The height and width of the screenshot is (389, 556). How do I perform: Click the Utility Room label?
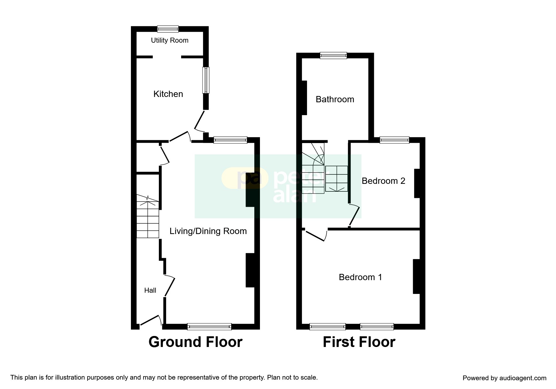(170, 40)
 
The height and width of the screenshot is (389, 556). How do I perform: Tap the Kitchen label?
(168, 94)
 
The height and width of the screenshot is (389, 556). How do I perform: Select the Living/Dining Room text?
(208, 231)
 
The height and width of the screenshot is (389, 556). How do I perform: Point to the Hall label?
(150, 290)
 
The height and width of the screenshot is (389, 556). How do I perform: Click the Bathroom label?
(335, 99)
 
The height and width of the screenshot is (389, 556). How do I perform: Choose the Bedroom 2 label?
(383, 181)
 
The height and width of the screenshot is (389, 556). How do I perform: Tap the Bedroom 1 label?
(360, 277)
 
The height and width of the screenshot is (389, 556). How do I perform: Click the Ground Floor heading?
(195, 342)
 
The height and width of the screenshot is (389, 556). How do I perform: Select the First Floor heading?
(359, 342)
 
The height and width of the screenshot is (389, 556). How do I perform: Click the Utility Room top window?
(168, 29)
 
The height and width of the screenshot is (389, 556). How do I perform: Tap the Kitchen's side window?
(206, 80)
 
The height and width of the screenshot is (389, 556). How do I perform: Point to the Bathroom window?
(333, 56)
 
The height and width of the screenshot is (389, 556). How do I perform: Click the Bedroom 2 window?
(394, 140)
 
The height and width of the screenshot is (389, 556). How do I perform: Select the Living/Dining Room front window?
(209, 327)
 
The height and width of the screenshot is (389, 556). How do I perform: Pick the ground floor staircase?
(148, 216)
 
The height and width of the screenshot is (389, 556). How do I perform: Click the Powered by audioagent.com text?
(505, 378)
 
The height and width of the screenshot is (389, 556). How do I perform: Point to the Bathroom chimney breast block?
(304, 98)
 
